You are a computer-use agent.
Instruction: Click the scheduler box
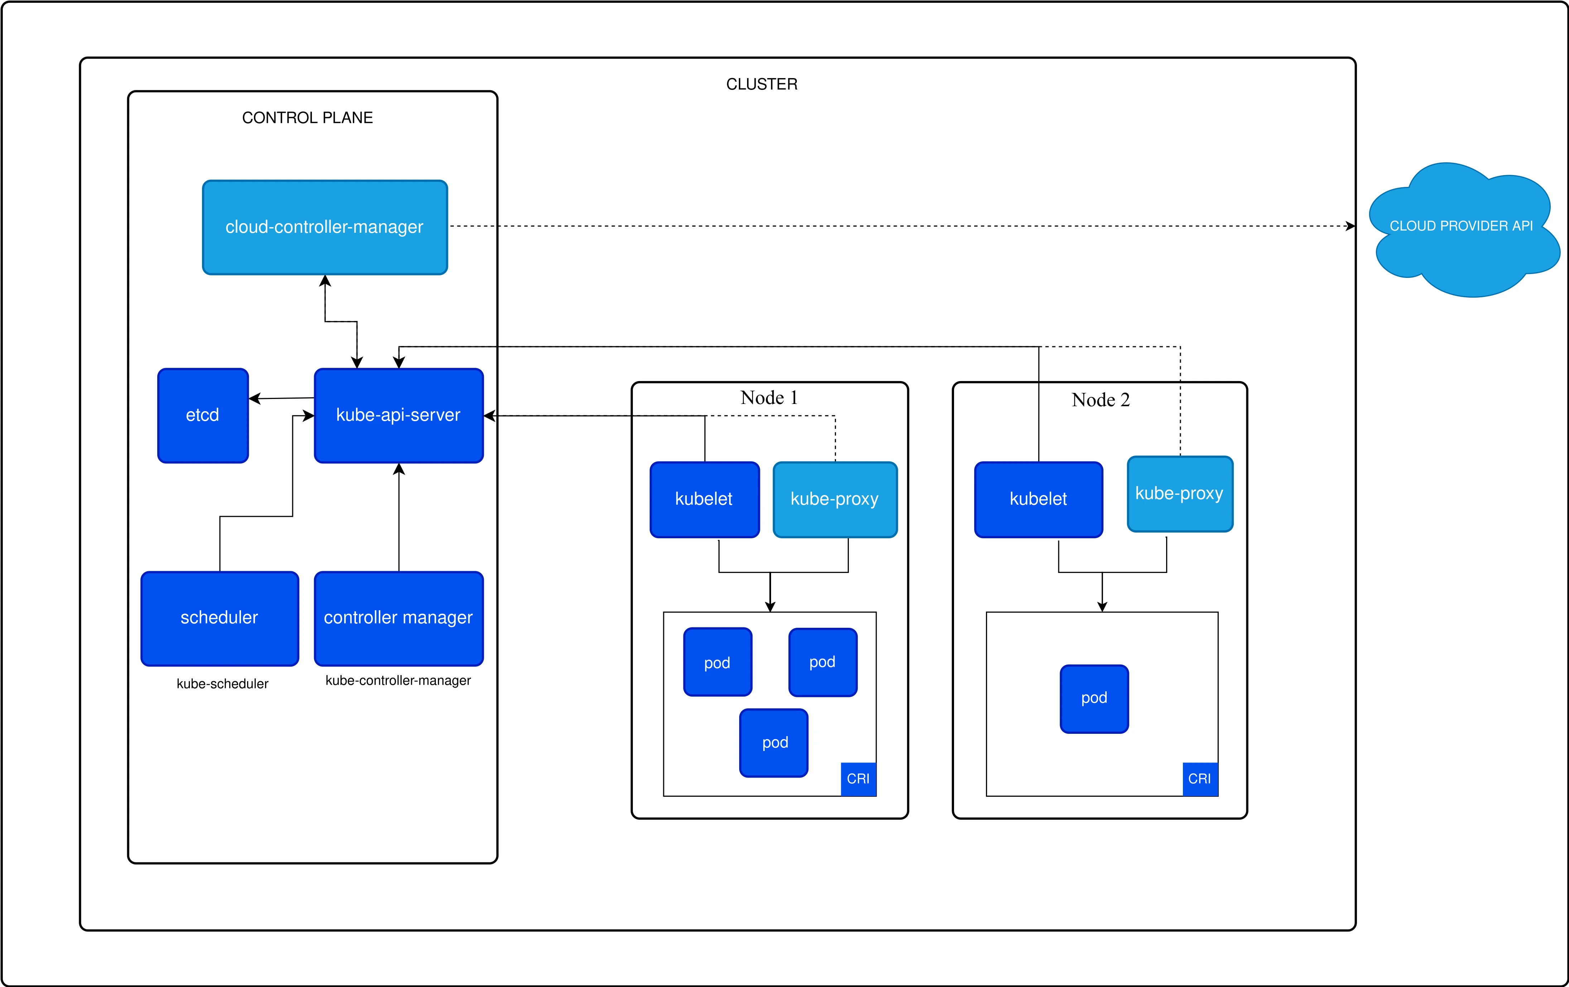click(x=220, y=618)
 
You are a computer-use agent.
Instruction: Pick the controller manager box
click(x=398, y=618)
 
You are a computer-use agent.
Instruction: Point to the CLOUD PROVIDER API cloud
click(x=1461, y=226)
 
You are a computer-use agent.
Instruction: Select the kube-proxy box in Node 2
click(x=1179, y=494)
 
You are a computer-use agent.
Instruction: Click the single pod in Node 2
click(x=1094, y=698)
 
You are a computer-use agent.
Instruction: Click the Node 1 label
click(x=769, y=398)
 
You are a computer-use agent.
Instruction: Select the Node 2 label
click(x=1101, y=400)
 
